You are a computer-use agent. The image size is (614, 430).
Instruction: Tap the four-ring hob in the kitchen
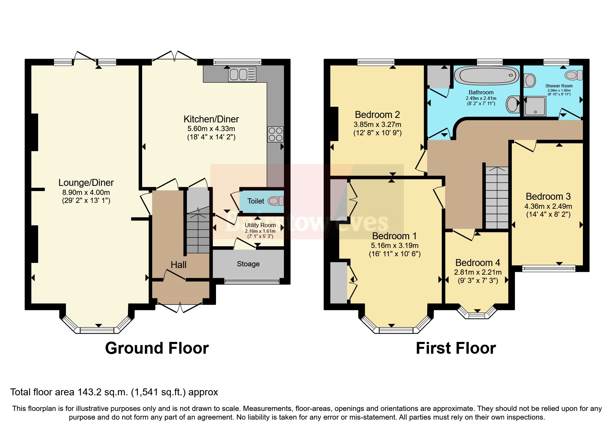(x=276, y=135)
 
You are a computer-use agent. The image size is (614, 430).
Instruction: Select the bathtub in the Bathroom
(x=486, y=75)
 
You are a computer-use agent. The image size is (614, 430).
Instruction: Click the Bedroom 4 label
(x=477, y=263)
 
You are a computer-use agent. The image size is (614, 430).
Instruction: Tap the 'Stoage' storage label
(x=248, y=264)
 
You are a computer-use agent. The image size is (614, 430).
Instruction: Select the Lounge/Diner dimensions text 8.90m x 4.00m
(x=86, y=192)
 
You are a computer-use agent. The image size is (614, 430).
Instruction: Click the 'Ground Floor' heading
(x=157, y=348)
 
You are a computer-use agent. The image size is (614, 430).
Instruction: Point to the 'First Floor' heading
(x=456, y=348)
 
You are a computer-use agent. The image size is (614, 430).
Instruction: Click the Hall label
(x=179, y=265)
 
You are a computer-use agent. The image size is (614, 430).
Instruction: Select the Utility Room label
(x=260, y=225)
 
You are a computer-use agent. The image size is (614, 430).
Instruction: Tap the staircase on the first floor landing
(x=496, y=198)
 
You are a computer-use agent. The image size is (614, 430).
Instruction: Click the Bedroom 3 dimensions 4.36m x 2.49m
(x=548, y=206)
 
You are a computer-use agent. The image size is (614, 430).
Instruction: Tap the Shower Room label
(x=559, y=86)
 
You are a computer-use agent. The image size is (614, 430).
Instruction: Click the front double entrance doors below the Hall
(x=180, y=307)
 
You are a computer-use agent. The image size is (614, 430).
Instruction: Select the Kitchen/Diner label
(x=211, y=119)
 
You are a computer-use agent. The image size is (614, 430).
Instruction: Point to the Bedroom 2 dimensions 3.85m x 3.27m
(x=377, y=124)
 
